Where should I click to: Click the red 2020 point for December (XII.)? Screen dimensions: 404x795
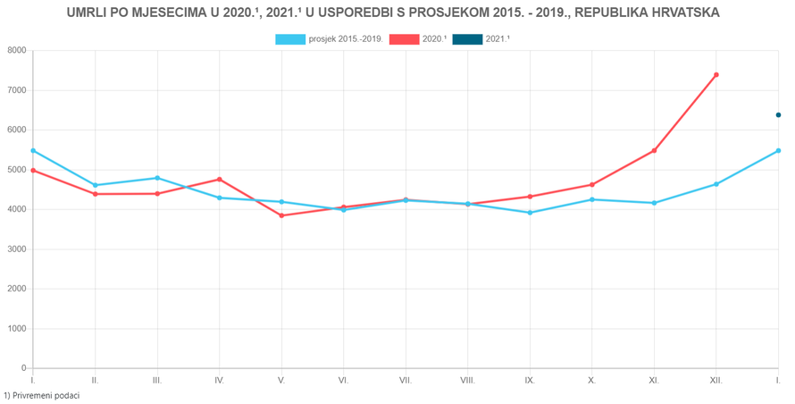716,75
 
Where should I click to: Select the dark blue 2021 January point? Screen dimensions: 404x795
778,115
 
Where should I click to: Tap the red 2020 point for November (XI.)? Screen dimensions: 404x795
654,150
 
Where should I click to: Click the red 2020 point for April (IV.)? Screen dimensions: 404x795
219,180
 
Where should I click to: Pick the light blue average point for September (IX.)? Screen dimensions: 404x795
530,213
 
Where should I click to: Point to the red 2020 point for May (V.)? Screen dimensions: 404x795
281,215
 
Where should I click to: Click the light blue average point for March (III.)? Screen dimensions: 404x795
157,178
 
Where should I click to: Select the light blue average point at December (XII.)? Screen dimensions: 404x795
716,184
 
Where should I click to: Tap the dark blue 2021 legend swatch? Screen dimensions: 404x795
467,39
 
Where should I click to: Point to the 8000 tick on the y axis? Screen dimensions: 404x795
15,51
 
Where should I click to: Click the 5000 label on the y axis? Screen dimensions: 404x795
15,170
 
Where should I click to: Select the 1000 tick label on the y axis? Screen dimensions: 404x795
15,329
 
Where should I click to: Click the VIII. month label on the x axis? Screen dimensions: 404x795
467,381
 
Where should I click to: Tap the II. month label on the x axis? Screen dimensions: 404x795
95,381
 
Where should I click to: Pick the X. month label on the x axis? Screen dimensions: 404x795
591,381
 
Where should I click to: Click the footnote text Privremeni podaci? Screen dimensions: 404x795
45,395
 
